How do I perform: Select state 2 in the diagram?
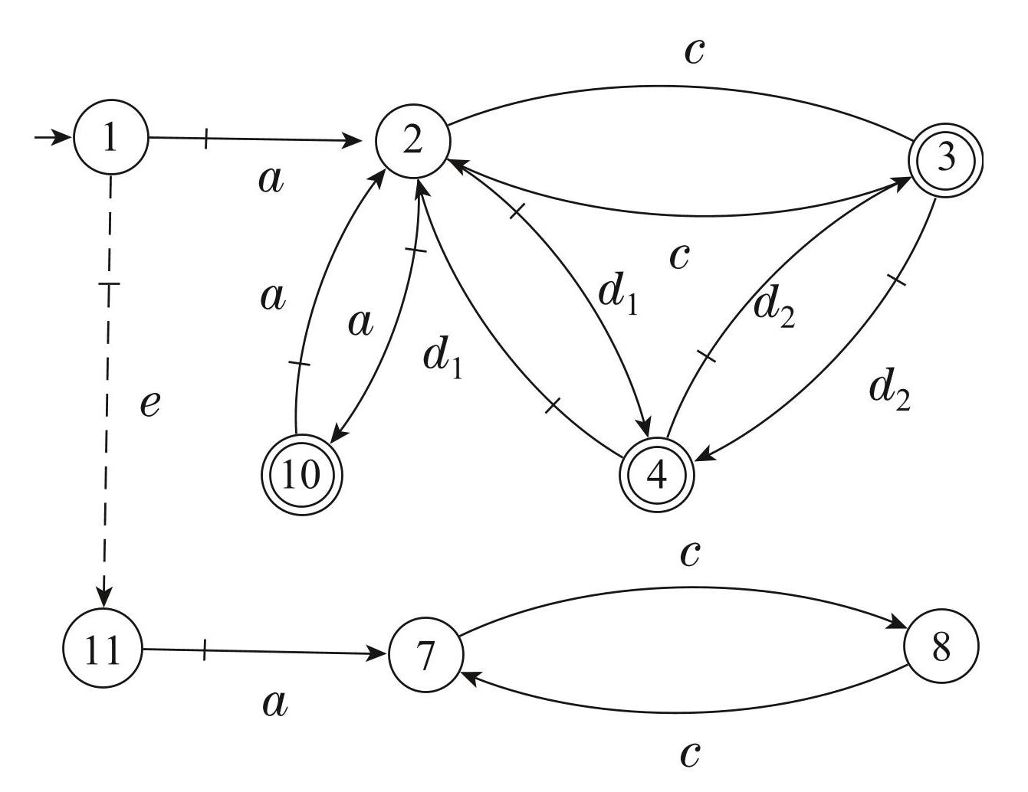412,141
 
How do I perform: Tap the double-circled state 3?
945,159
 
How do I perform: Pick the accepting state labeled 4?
657,475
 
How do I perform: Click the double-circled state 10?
301,475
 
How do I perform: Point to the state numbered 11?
103,650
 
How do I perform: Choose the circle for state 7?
426,655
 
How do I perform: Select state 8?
941,648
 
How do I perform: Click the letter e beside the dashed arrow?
150,403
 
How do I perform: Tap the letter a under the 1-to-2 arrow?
271,181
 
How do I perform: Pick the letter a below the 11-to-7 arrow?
274,703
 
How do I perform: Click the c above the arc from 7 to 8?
690,553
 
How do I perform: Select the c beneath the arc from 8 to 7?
690,754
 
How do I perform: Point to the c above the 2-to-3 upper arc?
694,51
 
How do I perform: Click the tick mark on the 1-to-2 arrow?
205,139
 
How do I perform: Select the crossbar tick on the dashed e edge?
110,285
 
